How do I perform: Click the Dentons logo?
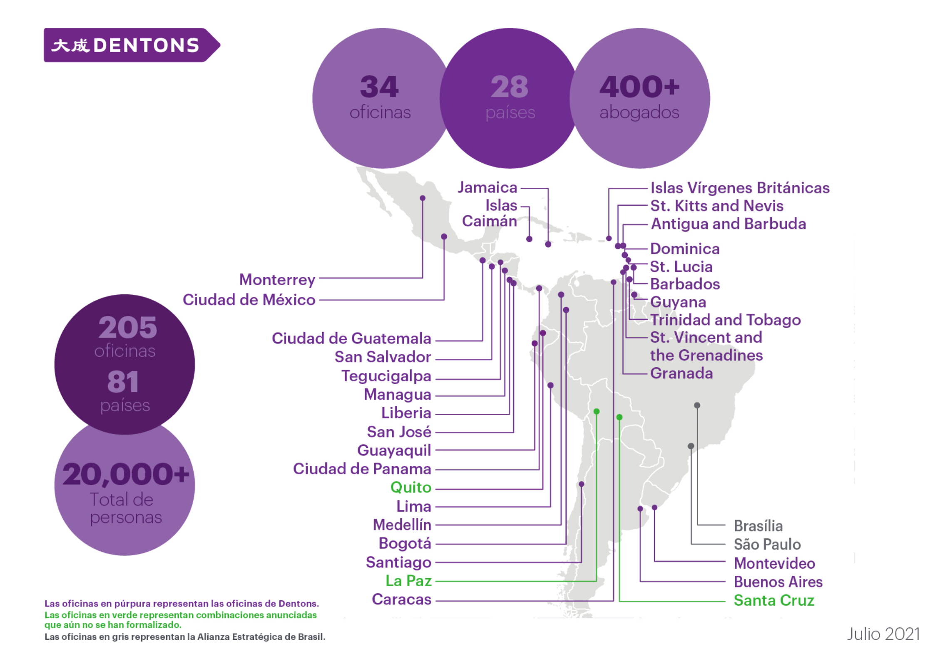tap(132, 45)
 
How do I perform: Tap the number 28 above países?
tap(510, 87)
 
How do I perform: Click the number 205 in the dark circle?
tap(128, 327)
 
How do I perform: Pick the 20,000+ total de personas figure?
tap(126, 475)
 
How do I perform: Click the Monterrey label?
tap(277, 280)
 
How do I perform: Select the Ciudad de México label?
tap(249, 300)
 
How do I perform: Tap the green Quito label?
tap(410, 487)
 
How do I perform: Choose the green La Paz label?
tap(408, 581)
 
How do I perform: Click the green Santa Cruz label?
tap(774, 600)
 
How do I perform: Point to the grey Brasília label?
tap(758, 526)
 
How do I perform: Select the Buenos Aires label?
tap(778, 582)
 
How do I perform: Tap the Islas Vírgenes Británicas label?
tap(740, 188)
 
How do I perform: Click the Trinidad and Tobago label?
tap(725, 320)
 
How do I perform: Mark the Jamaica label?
tap(487, 188)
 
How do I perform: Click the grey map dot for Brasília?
tap(697, 405)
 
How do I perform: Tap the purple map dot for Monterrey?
tap(423, 198)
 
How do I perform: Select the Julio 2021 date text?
tap(883, 634)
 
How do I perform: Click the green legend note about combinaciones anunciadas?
tap(180, 620)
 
